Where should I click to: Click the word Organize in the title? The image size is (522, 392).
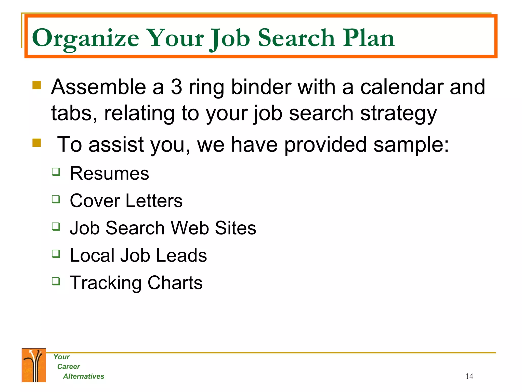(x=85, y=38)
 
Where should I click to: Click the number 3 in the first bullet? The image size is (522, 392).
(x=176, y=87)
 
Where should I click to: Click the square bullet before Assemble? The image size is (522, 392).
(x=37, y=85)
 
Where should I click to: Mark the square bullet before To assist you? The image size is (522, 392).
(x=37, y=143)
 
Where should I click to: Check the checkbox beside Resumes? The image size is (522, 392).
(x=56, y=172)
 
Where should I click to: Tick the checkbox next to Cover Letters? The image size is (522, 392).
(x=56, y=199)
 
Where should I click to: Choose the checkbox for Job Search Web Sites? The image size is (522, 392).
(x=56, y=226)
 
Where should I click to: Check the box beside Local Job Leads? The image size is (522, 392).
(x=56, y=254)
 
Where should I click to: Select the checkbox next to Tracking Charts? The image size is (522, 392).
(x=56, y=281)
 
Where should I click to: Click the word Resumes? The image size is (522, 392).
(x=109, y=174)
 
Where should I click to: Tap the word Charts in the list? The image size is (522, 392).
(x=175, y=283)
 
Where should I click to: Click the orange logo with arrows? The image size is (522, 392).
(x=34, y=365)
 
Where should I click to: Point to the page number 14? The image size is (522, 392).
(x=469, y=376)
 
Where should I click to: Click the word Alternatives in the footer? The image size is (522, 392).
(x=84, y=376)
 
